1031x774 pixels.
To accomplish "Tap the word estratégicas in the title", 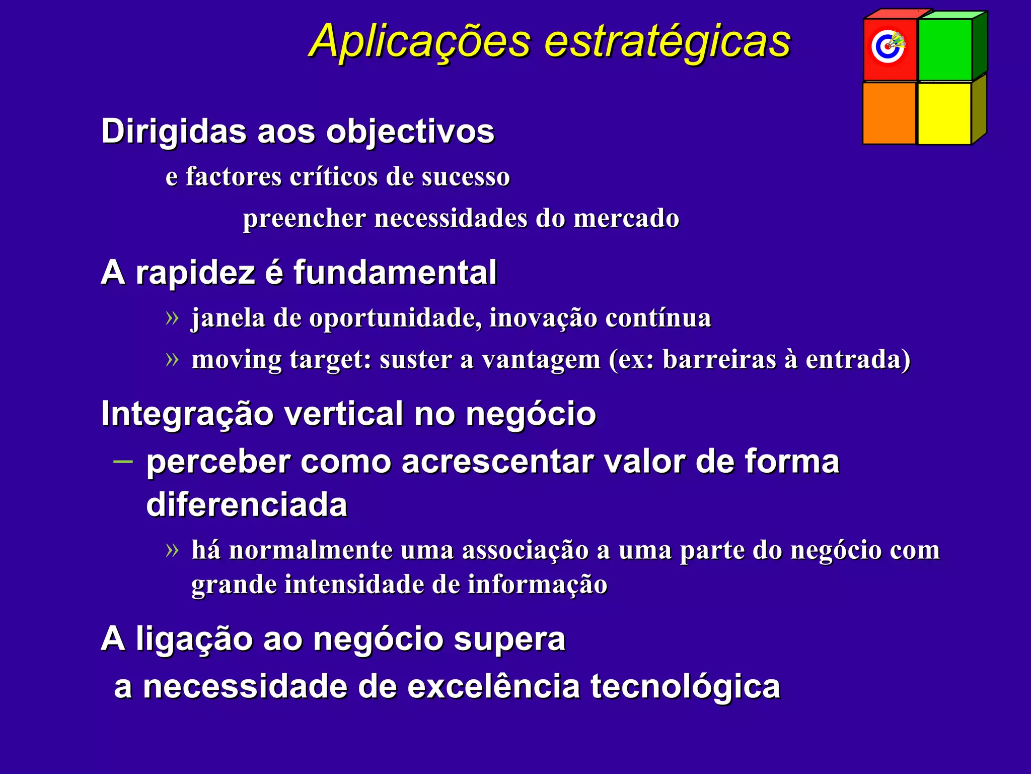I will pyautogui.click(x=667, y=41).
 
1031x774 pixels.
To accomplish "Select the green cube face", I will pyautogui.click(x=945, y=49).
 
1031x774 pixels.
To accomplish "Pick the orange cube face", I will pyautogui.click(x=889, y=113).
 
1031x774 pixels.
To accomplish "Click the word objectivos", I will pyautogui.click(x=410, y=132).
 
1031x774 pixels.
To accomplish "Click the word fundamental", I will pyautogui.click(x=395, y=273).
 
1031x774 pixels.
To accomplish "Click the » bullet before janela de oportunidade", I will pyautogui.click(x=172, y=318).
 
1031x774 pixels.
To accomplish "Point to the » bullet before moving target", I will pyautogui.click(x=172, y=360).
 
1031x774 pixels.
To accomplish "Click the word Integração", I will pyautogui.click(x=187, y=414).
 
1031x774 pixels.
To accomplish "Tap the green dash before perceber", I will pyautogui.click(x=123, y=461).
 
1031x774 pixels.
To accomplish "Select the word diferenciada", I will pyautogui.click(x=247, y=505).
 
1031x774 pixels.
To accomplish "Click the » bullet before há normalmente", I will pyautogui.click(x=172, y=550).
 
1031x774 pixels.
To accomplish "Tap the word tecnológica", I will pyautogui.click(x=685, y=687).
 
